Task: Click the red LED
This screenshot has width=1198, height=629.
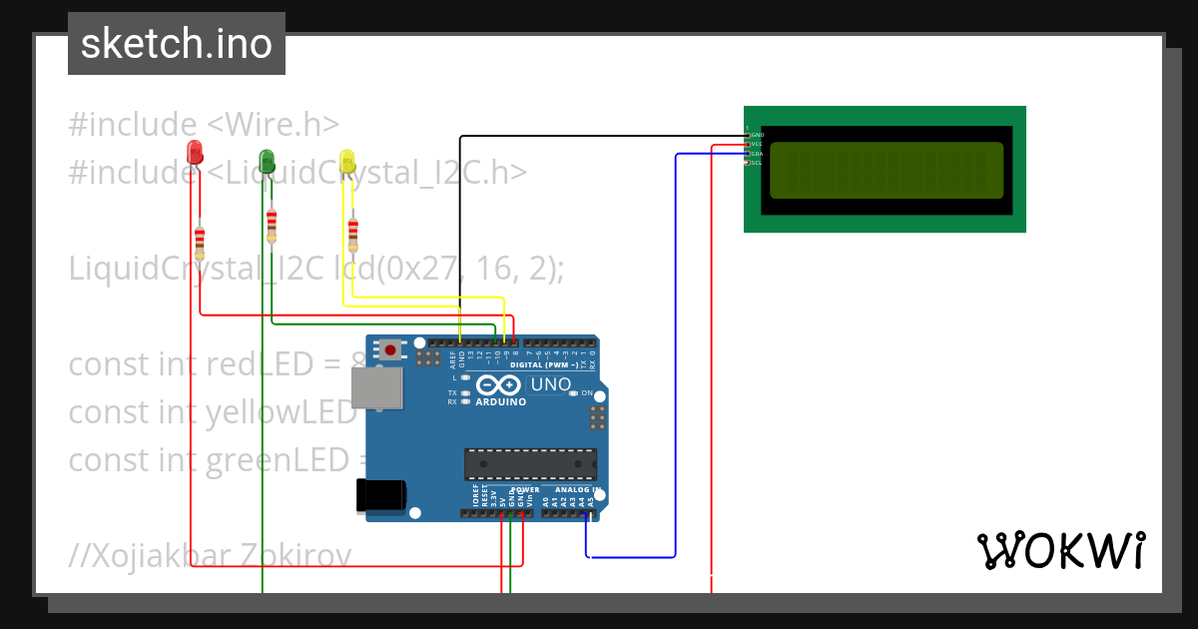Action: [x=195, y=152]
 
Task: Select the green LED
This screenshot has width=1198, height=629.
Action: [x=267, y=160]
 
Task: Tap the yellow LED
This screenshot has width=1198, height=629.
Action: [x=346, y=160]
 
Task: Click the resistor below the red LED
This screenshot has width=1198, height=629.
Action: [x=200, y=240]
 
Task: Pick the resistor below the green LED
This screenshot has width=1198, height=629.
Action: [x=272, y=227]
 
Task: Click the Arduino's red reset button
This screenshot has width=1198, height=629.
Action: [x=389, y=349]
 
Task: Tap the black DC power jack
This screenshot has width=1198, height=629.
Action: [x=381, y=495]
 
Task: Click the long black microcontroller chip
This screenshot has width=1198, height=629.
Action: [x=530, y=464]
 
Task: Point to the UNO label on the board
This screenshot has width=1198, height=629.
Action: [x=549, y=384]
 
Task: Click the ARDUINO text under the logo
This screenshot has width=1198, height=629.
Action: [x=501, y=401]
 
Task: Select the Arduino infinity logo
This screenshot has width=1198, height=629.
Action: [x=498, y=385]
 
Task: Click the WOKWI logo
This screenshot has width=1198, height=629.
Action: [x=1060, y=549]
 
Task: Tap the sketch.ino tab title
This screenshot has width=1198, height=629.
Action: [x=177, y=44]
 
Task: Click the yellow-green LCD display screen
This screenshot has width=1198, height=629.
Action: [x=886, y=170]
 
